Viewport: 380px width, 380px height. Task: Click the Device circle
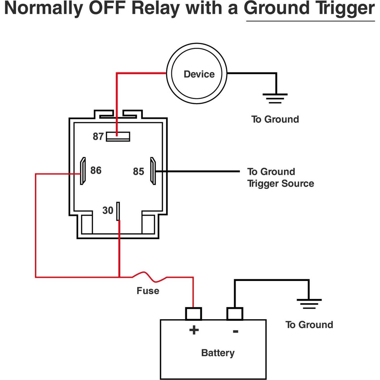tap(197, 74)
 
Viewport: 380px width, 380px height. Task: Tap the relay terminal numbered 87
tap(118, 136)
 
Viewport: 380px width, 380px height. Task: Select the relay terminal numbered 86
tap(83, 171)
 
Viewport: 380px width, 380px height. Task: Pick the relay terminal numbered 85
tap(153, 171)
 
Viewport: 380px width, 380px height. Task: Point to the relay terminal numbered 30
tap(118, 211)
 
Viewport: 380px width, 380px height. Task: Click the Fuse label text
tap(148, 291)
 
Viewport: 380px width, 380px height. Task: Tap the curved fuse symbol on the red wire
tap(150, 277)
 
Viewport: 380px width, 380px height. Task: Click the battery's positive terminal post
tap(193, 314)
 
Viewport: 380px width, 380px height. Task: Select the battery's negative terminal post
tap(235, 314)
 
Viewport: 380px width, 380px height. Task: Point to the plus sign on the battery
tap(194, 330)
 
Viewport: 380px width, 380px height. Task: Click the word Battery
tap(218, 353)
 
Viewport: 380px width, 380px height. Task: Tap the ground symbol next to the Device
tap(275, 98)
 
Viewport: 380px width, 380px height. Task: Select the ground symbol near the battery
tap(309, 304)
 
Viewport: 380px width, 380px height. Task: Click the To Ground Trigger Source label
tap(280, 177)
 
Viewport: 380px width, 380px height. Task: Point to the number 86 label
tap(96, 170)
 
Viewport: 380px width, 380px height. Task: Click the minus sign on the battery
tap(236, 331)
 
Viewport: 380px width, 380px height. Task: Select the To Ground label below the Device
tap(275, 119)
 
